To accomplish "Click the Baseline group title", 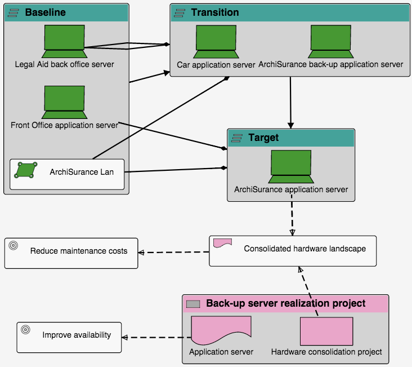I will point(45,12).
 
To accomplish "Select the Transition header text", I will point(214,12).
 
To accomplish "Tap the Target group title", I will point(263,138).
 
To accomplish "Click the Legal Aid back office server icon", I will point(64,42).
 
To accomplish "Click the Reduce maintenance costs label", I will point(79,251).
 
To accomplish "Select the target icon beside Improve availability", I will point(25,330).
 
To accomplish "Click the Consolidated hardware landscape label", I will point(304,249).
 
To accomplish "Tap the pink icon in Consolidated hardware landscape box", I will point(222,243).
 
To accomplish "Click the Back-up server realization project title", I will point(285,303).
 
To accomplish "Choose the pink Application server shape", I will point(221,331).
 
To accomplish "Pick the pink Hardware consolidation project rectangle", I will point(326,331).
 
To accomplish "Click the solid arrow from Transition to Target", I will point(290,101).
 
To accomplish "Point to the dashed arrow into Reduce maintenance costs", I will point(174,252).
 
